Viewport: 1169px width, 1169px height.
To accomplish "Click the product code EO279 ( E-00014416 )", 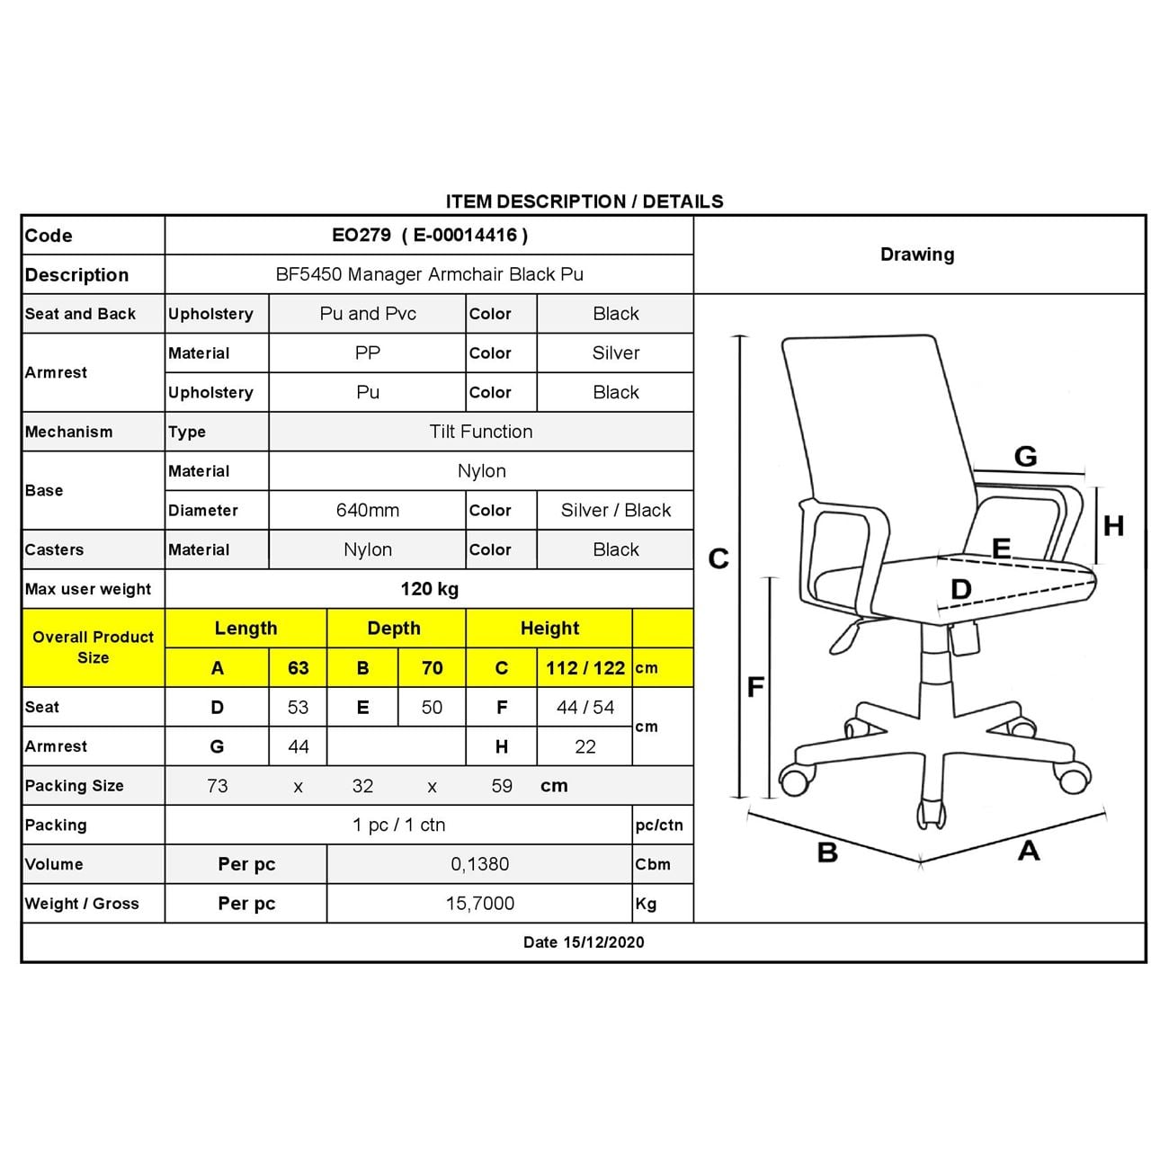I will point(429,236).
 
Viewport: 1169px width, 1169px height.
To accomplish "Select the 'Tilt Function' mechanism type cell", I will point(480,432).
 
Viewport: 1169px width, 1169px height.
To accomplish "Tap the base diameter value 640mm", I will point(367,510).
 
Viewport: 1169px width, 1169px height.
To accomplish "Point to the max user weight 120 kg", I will point(429,589).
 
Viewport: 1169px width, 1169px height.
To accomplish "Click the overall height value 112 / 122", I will point(584,668).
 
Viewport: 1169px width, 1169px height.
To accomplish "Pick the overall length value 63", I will point(298,668).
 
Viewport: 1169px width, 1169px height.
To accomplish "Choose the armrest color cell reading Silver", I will point(615,353).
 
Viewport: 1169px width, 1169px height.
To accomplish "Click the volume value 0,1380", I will point(479,864).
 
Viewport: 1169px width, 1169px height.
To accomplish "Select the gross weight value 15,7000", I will point(479,904).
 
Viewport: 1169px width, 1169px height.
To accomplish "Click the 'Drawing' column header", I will point(917,254).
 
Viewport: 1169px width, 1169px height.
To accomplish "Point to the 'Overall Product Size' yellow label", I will point(93,647).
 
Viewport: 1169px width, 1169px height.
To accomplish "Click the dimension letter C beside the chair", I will point(718,559).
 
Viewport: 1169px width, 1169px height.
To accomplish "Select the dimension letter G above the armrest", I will point(1025,457).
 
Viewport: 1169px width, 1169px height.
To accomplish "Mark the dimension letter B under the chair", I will point(827,852).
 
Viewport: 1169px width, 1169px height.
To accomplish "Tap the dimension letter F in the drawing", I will point(755,688).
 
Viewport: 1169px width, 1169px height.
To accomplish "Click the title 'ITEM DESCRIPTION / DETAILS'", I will point(584,201).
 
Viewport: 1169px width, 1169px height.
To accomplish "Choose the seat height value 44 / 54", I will point(584,708).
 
